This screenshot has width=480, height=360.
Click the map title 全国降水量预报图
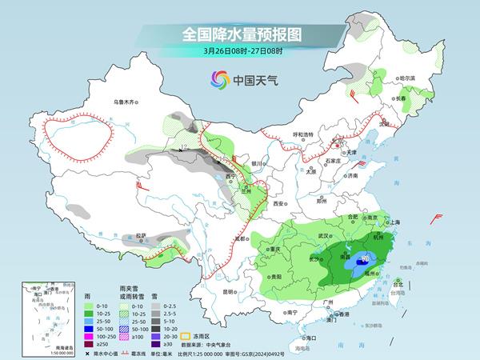click(x=240, y=35)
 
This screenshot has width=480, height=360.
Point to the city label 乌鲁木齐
click(x=126, y=102)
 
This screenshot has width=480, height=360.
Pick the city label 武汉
click(x=323, y=236)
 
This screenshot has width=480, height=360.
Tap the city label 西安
click(x=278, y=205)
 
